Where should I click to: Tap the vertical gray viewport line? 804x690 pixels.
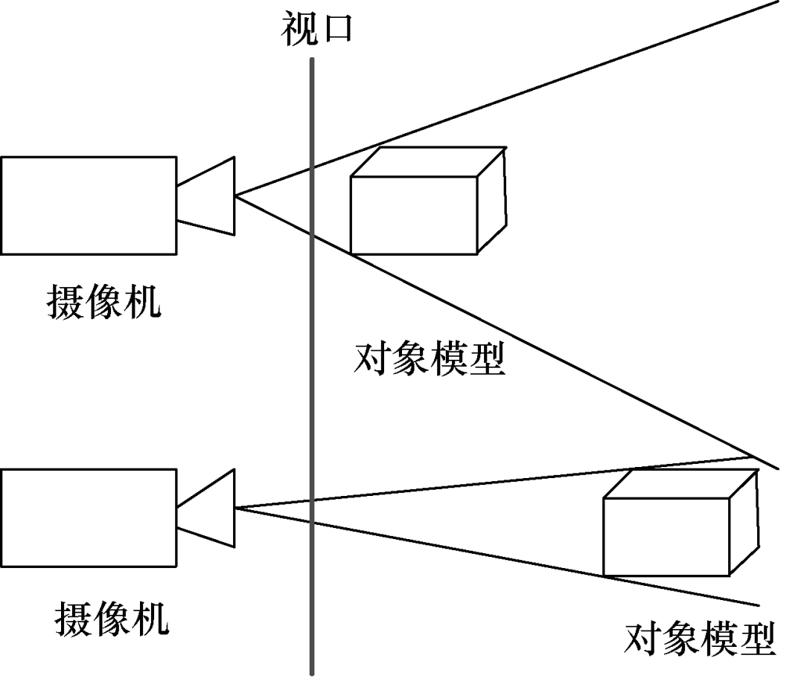click(x=312, y=372)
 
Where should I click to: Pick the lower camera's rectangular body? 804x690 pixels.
click(x=88, y=515)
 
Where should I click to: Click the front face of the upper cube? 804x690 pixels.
click(x=413, y=216)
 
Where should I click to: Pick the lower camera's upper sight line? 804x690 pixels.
click(x=447, y=487)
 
